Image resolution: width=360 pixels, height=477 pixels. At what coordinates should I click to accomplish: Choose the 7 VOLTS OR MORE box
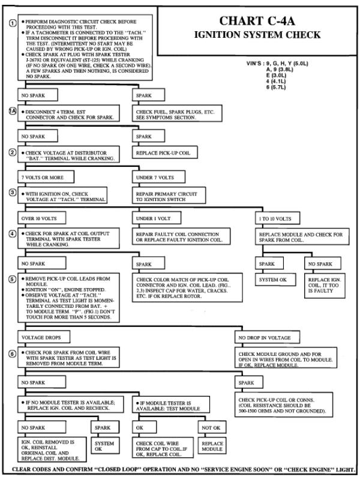37,178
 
